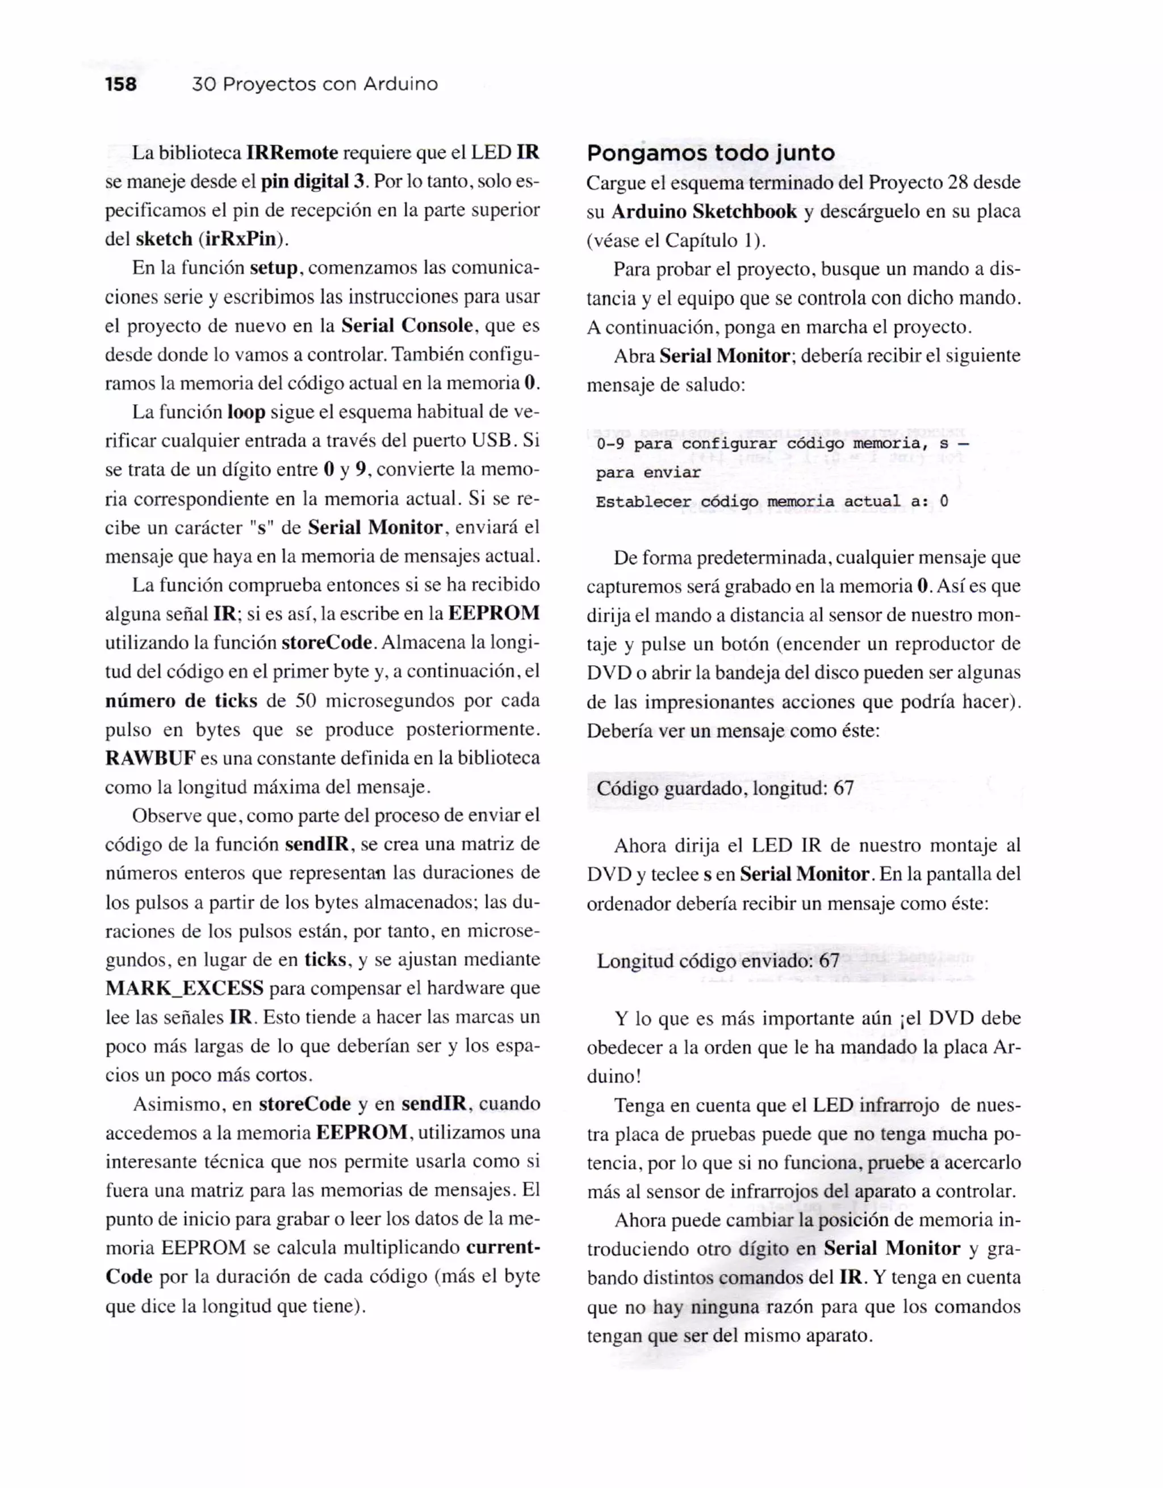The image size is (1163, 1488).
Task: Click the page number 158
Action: pyautogui.click(x=120, y=85)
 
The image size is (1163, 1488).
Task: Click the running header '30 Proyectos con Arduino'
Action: pyautogui.click(x=315, y=85)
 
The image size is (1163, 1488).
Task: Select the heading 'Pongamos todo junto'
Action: pyautogui.click(x=710, y=153)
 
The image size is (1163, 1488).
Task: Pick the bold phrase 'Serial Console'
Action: pyautogui.click(x=407, y=326)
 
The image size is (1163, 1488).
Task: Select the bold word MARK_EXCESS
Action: pyautogui.click(x=185, y=988)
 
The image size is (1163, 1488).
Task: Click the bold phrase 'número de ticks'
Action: pyautogui.click(x=181, y=701)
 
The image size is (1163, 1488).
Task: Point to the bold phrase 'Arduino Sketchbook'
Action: pyautogui.click(x=704, y=212)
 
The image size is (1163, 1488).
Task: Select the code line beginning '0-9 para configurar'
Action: pyautogui.click(x=781, y=444)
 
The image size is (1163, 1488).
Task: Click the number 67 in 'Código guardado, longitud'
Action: pyautogui.click(x=843, y=789)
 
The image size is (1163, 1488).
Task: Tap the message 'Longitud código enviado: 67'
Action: pyautogui.click(x=718, y=961)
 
